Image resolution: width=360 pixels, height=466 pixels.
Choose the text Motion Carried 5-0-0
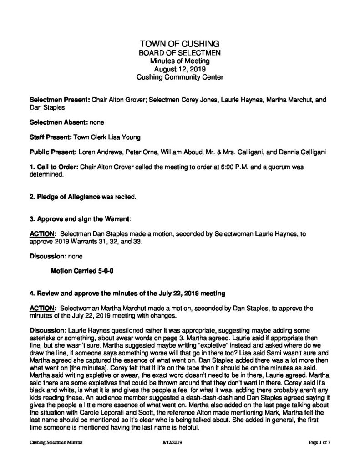tap(81, 270)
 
